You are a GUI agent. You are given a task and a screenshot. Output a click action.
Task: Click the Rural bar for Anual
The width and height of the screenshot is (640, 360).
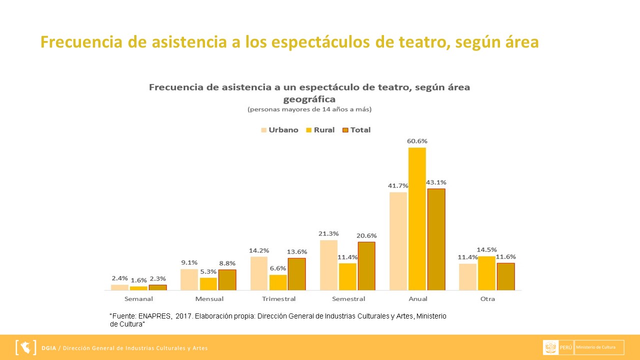(x=417, y=218)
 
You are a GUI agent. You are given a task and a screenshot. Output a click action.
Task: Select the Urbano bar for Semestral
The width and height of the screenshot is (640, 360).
(x=328, y=265)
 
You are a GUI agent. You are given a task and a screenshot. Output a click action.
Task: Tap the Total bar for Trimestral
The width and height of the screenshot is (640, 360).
(x=296, y=274)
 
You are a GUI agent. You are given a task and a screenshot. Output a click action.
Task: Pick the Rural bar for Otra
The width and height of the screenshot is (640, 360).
(x=486, y=273)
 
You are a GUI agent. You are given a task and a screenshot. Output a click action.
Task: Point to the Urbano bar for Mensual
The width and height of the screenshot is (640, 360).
(x=189, y=279)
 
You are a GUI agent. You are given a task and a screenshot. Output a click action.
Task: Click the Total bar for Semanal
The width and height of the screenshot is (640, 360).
(x=157, y=287)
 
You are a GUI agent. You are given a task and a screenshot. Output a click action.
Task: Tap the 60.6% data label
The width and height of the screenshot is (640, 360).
(x=417, y=141)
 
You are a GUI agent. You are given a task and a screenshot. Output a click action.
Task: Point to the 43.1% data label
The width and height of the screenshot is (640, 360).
(x=435, y=182)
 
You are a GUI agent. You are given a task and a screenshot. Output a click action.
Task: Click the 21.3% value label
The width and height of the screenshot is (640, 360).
(x=328, y=233)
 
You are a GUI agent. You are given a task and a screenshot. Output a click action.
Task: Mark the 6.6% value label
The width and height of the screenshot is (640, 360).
(x=278, y=268)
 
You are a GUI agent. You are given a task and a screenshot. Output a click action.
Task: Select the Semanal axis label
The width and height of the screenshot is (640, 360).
(x=138, y=299)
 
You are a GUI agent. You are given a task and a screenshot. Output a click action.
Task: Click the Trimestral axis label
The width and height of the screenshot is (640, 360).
(x=278, y=299)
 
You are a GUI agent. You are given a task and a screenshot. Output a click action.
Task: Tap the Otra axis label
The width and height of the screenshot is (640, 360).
(x=487, y=299)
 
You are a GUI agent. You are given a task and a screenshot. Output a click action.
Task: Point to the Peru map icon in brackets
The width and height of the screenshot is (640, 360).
(x=26, y=347)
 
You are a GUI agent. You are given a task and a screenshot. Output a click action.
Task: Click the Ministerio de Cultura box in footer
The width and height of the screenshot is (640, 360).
(x=599, y=347)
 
